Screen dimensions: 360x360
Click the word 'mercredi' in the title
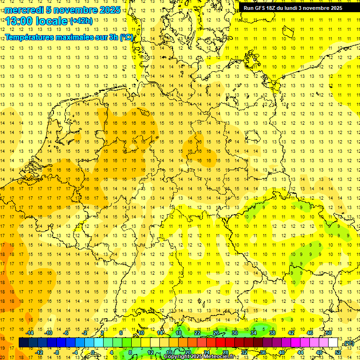coord(24,10)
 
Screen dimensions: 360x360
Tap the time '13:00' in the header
coord(19,22)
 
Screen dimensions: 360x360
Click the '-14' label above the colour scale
coord(30,333)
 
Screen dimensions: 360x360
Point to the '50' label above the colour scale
coord(329,333)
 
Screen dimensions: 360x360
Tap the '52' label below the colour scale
coord(338,352)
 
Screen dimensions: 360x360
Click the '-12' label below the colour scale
coord(39,352)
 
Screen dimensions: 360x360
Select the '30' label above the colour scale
coord(235,333)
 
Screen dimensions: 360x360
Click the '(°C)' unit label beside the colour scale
coord(348,344)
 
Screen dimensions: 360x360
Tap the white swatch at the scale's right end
coord(333,343)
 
